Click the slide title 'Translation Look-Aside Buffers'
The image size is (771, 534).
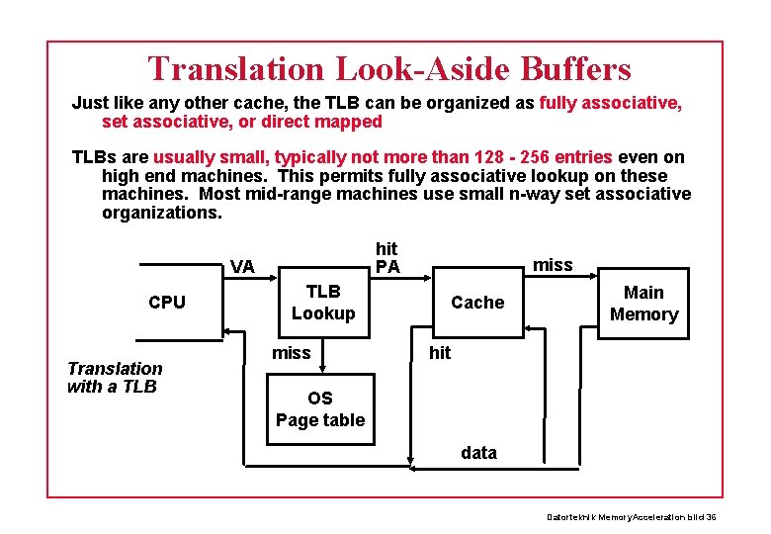(388, 69)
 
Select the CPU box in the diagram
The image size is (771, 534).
(166, 303)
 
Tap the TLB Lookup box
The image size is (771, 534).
(322, 303)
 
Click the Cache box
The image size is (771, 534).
(476, 303)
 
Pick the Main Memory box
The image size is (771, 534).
(643, 304)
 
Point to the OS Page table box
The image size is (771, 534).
(319, 409)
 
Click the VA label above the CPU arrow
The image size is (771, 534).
(242, 266)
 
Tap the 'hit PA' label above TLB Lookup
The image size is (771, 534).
(387, 258)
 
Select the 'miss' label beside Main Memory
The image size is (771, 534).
(553, 264)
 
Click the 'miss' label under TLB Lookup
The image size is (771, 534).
(291, 353)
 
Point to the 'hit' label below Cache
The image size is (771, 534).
(439, 353)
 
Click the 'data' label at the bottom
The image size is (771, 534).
(478, 453)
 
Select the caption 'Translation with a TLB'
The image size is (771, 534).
(114, 378)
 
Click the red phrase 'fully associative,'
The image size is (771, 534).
(611, 103)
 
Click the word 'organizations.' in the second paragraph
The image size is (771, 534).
(162, 213)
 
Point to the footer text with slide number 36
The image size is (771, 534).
(632, 518)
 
